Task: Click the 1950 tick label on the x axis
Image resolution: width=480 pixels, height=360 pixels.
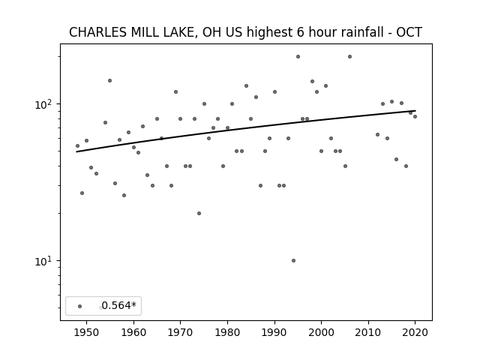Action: (87, 332)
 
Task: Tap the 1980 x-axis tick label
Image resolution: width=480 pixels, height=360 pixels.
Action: (227, 332)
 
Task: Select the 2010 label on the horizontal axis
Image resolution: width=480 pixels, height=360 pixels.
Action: (368, 332)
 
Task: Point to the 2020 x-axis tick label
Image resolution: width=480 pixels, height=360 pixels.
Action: (415, 332)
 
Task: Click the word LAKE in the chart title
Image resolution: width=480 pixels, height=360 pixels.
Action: (180, 32)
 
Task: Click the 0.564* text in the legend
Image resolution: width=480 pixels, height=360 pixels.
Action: (118, 305)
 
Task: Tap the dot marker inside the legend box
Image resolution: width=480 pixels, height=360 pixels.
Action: (80, 306)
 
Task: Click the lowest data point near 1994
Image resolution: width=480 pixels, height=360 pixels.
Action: (293, 260)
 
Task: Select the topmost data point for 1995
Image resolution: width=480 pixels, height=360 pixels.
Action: (298, 57)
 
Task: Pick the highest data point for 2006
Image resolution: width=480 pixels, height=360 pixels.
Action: (350, 57)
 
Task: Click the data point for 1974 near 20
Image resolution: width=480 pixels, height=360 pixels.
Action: (199, 213)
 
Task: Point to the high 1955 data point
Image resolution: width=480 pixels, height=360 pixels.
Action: (110, 81)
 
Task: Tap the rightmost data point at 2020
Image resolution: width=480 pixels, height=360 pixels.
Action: (415, 117)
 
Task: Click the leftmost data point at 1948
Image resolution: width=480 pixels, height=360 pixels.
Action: (77, 146)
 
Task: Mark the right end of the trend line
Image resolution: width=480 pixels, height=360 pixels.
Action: (415, 110)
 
